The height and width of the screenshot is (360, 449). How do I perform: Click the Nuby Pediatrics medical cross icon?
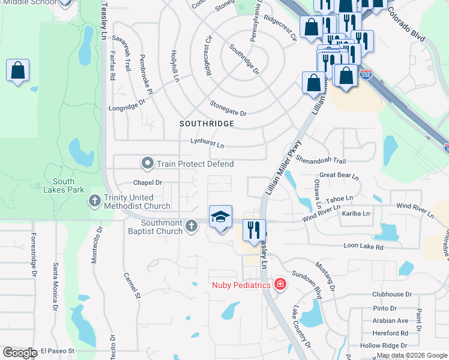pos(279,284)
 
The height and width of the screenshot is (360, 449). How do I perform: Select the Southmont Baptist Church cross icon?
pos(191,226)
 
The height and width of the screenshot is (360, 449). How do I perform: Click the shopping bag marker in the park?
pos(18,71)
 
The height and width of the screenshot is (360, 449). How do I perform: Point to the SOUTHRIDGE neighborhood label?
pos(206,124)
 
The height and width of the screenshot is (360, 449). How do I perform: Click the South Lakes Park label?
pos(63,185)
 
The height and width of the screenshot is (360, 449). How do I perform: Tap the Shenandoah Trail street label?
pos(321,160)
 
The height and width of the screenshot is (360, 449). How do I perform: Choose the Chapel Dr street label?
pos(148,182)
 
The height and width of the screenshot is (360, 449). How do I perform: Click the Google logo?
pos(20,353)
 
